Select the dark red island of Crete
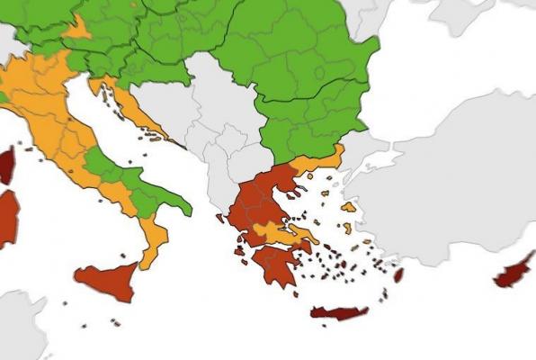click(339, 313)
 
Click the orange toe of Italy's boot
click(153, 239)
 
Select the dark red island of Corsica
click(7, 166)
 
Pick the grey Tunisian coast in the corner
click(18, 324)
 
